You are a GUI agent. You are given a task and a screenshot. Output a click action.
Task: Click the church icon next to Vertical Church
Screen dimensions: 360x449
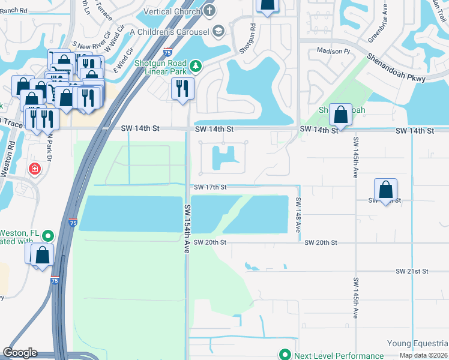coord(209,11)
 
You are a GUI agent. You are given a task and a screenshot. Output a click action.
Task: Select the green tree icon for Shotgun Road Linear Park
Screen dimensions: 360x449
coord(194,65)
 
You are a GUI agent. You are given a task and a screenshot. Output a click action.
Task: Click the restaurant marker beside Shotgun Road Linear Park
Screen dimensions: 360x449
coord(182,89)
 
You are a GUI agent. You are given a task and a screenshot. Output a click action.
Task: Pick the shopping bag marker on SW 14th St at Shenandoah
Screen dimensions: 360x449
coord(340,114)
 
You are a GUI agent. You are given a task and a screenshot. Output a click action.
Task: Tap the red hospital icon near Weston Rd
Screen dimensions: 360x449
coord(35,169)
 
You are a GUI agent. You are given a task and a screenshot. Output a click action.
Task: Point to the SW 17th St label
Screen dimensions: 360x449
coord(209,187)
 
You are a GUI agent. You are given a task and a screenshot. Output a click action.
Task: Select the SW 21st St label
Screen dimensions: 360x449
coord(411,271)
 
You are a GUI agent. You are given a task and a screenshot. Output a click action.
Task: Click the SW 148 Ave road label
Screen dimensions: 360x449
coord(297,215)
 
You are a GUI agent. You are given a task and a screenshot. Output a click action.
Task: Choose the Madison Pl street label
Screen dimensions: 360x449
coord(333,52)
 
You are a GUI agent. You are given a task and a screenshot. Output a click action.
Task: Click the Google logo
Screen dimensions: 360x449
coord(20,353)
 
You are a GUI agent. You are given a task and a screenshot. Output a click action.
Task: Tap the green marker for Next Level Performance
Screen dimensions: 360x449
coord(285,355)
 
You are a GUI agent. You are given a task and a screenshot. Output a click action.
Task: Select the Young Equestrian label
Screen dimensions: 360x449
coord(417,344)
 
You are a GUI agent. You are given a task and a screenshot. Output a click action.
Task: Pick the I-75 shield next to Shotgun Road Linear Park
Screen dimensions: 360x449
coord(168,52)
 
